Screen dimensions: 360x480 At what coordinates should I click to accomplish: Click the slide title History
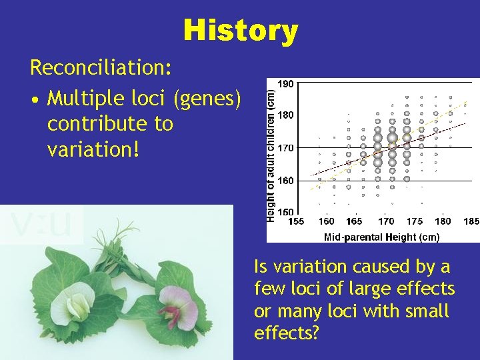(x=241, y=31)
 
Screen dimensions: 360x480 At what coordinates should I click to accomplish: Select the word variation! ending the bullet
(x=93, y=149)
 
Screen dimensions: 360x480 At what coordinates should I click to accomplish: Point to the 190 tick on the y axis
(x=285, y=84)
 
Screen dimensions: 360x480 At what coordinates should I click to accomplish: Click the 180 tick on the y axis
(x=285, y=115)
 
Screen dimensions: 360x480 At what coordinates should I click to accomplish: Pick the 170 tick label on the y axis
(x=285, y=147)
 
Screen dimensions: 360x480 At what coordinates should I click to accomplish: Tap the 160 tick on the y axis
(x=285, y=180)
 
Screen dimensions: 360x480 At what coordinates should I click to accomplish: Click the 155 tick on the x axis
(x=297, y=221)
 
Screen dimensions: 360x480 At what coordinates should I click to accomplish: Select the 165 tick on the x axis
(x=355, y=221)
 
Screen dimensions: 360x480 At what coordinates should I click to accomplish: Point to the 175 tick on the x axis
(x=414, y=221)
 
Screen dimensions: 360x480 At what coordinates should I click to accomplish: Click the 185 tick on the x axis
(x=471, y=221)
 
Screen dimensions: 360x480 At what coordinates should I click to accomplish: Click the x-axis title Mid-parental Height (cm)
(x=381, y=237)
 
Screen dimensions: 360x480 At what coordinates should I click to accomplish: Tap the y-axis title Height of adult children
(x=271, y=150)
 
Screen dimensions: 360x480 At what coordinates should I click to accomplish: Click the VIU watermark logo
(x=42, y=225)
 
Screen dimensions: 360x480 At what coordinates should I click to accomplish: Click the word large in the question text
(x=381, y=289)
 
